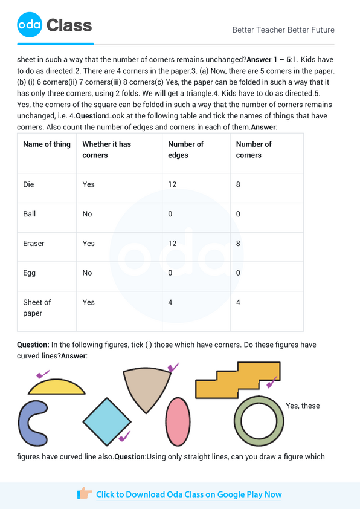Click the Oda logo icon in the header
point(30,25)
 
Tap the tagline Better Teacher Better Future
point(283,30)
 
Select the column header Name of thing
point(47,144)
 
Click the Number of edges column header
point(185,149)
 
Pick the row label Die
point(28,184)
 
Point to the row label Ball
point(29,214)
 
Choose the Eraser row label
point(33,244)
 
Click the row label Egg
point(29,273)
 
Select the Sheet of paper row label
point(37,308)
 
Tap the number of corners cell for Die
point(238,184)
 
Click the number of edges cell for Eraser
point(172,244)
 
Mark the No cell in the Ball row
point(87,214)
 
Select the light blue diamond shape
point(106,421)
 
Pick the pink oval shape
point(178,421)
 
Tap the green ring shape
point(259,421)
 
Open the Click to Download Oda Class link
point(188,494)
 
